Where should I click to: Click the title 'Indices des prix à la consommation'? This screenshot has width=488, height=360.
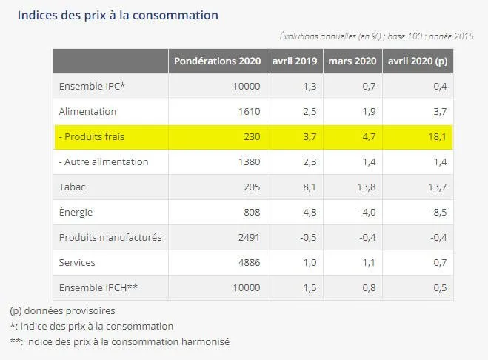coord(118,15)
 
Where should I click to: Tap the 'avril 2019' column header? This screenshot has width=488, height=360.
coord(296,61)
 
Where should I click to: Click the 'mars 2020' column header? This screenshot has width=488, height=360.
coord(353,61)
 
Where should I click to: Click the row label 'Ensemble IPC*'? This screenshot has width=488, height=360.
coord(92,86)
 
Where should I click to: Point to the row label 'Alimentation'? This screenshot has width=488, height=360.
coord(87,111)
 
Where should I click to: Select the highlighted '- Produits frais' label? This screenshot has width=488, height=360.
coord(93,136)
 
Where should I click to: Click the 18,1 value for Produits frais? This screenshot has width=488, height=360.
coord(439,136)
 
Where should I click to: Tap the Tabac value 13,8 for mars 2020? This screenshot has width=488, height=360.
coord(368,187)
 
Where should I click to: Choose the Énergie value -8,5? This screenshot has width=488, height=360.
coord(438,213)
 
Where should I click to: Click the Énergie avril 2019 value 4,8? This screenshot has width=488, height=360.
coord(311,213)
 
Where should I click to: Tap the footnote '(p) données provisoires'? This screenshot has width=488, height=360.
coord(62,310)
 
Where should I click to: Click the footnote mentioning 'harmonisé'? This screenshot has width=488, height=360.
coord(119,341)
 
